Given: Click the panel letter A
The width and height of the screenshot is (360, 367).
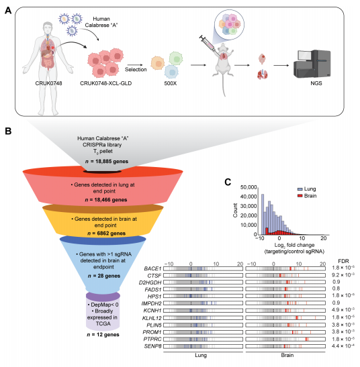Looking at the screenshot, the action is click(8, 11).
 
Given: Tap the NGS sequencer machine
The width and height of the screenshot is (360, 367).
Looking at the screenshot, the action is click(312, 64).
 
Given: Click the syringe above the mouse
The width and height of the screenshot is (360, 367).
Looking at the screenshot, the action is click(210, 46).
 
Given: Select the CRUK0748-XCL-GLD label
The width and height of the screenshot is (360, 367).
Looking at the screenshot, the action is click(105, 83).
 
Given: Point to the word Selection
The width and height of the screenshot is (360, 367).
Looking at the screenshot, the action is click(136, 70).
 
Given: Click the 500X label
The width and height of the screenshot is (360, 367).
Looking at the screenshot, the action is click(171, 83).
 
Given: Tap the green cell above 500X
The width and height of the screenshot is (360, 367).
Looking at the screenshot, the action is click(176, 58).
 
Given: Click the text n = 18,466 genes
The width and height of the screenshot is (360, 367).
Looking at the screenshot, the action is click(106, 200).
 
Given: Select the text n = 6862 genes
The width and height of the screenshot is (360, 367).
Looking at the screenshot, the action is click(106, 233).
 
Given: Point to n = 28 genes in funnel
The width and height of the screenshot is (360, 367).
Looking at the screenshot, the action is click(104, 276).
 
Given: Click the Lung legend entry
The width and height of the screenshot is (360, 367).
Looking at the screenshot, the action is click(306, 189).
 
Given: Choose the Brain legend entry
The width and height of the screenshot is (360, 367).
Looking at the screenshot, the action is click(307, 196).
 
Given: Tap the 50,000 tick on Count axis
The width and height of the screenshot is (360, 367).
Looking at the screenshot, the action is click(249, 187).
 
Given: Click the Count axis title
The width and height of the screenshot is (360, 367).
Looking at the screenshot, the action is click(235, 210).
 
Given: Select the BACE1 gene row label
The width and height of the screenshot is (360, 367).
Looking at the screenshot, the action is click(152, 268).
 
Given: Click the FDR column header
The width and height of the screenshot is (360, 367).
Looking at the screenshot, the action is click(343, 261).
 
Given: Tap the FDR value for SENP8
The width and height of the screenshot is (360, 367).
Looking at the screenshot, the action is click(343, 346).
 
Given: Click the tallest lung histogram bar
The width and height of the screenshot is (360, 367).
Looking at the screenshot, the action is click(263, 215).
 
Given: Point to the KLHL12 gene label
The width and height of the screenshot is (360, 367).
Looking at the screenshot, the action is click(152, 318).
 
